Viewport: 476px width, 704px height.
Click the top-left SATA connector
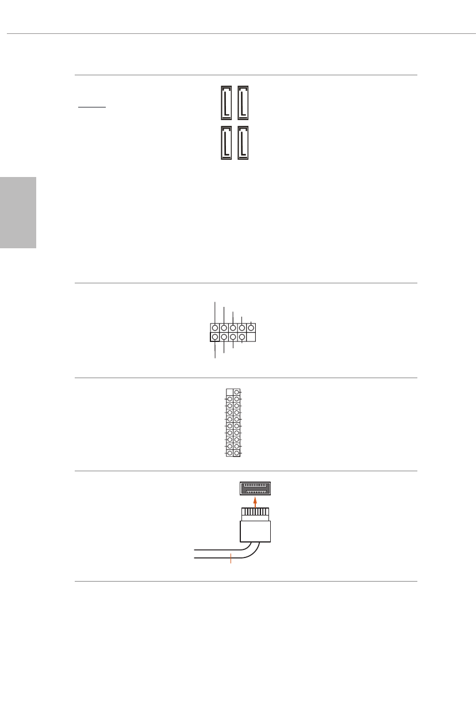click(x=226, y=103)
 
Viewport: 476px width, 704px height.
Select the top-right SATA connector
click(x=243, y=103)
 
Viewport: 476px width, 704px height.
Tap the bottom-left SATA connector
click(x=226, y=142)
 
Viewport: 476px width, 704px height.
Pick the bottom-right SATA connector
click(x=243, y=142)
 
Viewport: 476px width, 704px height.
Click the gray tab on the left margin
click(x=18, y=212)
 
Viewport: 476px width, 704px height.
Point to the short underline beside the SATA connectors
click(x=92, y=107)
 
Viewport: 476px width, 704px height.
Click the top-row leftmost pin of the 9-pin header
click(x=215, y=328)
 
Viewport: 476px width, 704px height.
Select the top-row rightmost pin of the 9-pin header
click(x=251, y=328)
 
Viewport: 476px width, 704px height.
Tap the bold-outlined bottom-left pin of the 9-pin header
click(x=215, y=337)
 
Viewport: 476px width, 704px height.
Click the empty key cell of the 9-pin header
click(x=251, y=337)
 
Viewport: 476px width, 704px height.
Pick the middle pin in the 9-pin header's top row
click(x=233, y=328)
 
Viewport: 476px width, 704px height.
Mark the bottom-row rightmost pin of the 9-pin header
click(x=242, y=337)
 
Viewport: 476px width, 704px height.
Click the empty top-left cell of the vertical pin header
click(x=230, y=391)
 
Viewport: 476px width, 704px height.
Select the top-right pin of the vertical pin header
click(x=237, y=391)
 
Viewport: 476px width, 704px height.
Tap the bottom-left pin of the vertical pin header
click(x=230, y=453)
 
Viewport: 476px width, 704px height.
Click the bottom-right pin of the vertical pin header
click(x=237, y=453)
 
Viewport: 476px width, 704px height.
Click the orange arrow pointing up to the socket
click(x=255, y=501)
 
